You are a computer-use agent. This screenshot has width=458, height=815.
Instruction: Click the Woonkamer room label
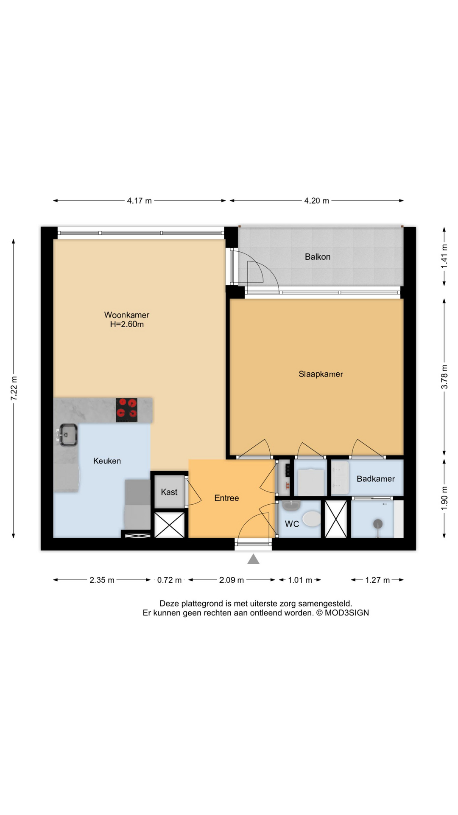click(x=126, y=315)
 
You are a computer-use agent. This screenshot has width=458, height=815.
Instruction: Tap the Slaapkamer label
click(x=321, y=374)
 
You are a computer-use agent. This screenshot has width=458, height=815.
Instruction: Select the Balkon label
click(x=317, y=257)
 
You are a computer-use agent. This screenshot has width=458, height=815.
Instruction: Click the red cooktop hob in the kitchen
click(x=127, y=410)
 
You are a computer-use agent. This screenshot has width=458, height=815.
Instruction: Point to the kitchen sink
click(x=68, y=435)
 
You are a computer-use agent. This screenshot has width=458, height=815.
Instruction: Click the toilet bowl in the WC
click(x=312, y=519)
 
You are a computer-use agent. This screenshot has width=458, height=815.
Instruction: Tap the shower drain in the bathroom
click(x=377, y=524)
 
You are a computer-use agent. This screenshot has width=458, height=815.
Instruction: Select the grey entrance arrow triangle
click(x=253, y=559)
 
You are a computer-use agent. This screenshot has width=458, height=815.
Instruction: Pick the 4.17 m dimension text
click(x=139, y=201)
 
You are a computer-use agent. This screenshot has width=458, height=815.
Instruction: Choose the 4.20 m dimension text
click(x=316, y=201)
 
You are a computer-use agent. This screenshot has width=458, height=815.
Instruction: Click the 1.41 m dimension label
click(x=444, y=256)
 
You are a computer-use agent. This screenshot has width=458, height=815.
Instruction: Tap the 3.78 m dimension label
click(x=444, y=377)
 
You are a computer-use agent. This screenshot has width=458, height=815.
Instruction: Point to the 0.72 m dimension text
click(x=169, y=580)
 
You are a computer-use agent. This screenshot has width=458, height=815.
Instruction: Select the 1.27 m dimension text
click(x=377, y=580)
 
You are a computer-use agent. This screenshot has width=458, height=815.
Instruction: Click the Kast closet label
click(x=169, y=492)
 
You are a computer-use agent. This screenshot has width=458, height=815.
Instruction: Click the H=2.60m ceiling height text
click(x=127, y=325)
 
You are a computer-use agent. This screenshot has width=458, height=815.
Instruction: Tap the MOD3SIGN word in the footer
click(x=346, y=613)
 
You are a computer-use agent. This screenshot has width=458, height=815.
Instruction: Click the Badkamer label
click(x=375, y=479)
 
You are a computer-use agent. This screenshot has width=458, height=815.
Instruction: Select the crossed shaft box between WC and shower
click(x=335, y=519)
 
